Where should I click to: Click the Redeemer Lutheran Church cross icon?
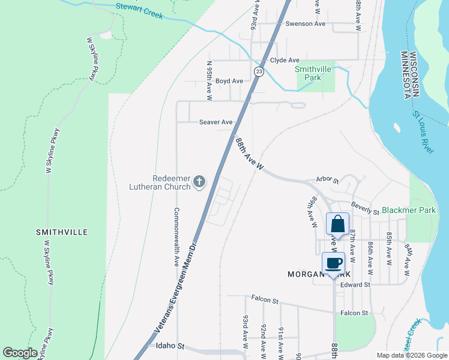coord(199,181)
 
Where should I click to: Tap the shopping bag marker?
coord(337,224)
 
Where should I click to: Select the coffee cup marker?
coord(333,263)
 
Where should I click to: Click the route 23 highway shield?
coord(258,71)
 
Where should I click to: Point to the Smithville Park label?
coord(313,73)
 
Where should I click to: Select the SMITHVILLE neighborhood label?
coord(62,232)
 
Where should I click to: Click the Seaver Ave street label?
coord(215,122)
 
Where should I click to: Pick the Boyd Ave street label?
coord(229,81)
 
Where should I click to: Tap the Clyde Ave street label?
coord(285,61)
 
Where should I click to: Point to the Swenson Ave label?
coord(305,24)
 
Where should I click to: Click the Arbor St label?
coord(328,180)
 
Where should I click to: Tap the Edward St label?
coord(355,285)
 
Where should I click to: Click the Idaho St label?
coord(169,347)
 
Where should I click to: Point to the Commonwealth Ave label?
coord(176,237)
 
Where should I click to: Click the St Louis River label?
coord(423,132)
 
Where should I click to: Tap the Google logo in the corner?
coord(20,353)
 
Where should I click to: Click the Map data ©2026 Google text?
coord(411,355)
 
